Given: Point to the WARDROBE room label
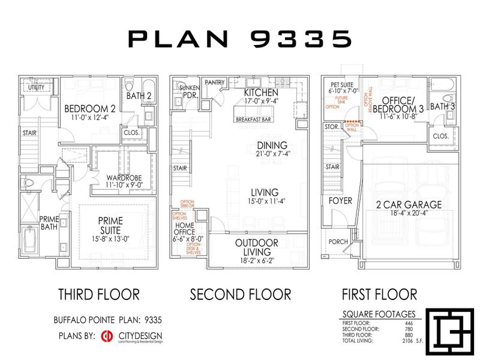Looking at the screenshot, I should [x=124, y=178].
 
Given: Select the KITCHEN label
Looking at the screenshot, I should [x=261, y=93].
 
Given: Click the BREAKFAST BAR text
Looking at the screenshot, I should [x=252, y=120].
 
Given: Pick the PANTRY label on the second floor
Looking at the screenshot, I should [x=214, y=82].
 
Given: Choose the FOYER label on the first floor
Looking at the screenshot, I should [x=340, y=200].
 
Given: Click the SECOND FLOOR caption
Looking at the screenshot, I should [x=240, y=294].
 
